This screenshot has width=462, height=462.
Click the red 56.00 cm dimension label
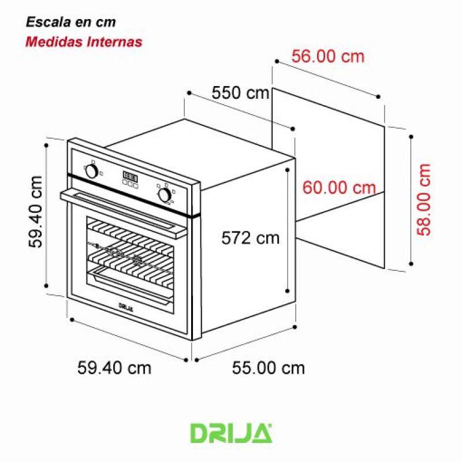pos(327,57)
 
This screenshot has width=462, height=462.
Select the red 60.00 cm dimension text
pos(339,188)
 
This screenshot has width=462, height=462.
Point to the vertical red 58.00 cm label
pos(424,199)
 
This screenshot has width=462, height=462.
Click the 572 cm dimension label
pos(250,237)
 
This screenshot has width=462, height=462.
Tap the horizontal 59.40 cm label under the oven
pos(114,367)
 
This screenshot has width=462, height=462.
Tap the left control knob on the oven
pos(91,171)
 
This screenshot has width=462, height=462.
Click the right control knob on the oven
pos(165,194)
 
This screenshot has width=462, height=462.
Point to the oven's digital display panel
pos(130,178)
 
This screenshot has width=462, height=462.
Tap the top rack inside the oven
pos(130,234)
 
